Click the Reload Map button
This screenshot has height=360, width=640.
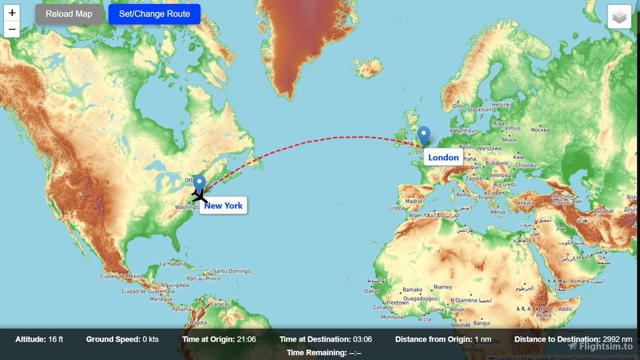(x=69, y=14)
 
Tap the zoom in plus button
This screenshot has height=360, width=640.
(x=12, y=13)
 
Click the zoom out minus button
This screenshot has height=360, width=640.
(x=12, y=30)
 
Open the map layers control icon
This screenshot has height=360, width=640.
(x=619, y=17)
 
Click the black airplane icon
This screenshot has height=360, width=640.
(x=199, y=195)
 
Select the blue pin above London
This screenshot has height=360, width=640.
(x=424, y=136)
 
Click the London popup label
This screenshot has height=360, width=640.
(x=443, y=158)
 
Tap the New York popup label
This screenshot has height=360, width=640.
(x=223, y=206)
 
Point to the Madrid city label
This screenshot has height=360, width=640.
(x=414, y=201)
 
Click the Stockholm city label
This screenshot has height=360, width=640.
(x=480, y=110)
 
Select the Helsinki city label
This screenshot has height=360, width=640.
(x=501, y=104)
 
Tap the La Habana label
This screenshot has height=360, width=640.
(x=173, y=264)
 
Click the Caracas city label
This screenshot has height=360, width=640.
(x=220, y=304)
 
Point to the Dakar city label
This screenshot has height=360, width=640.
(x=372, y=291)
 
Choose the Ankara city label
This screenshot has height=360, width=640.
(x=525, y=203)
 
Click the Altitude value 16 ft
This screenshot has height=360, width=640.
(x=56, y=339)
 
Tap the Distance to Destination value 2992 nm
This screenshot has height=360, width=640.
(x=617, y=339)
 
